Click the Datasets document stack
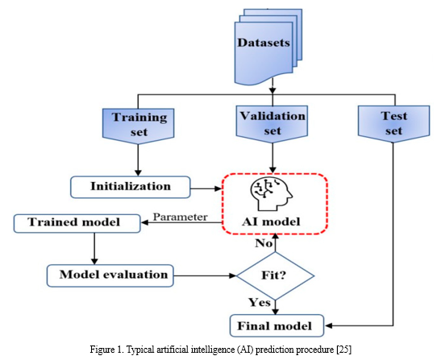[268, 47]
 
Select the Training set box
[139, 126]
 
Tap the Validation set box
[272, 124]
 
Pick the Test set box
[393, 124]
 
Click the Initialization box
[131, 187]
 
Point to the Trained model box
[77, 223]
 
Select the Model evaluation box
[110, 275]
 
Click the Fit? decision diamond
[276, 276]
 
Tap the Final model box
[277, 325]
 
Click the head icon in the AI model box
[271, 194]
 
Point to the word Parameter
[181, 217]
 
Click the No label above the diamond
[264, 243]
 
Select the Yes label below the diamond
[260, 302]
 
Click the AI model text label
[271, 222]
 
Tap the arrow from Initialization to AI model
[206, 188]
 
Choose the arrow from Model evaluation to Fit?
[205, 276]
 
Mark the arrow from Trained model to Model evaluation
[94, 249]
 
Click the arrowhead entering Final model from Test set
[328, 325]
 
